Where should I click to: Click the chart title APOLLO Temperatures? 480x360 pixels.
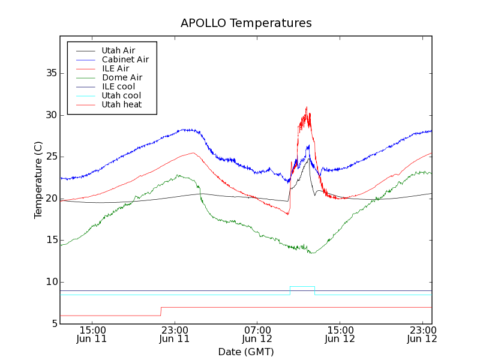coord(246,23)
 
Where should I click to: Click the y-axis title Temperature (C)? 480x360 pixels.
coord(38,179)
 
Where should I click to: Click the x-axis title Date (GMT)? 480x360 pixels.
coord(246,352)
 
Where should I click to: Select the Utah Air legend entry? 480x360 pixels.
coord(118,51)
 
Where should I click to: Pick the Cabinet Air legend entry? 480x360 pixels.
coord(125,60)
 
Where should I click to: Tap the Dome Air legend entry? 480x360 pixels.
coord(122,78)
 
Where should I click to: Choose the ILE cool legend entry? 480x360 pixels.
coord(118,87)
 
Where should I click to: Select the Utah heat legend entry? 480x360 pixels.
coord(121,105)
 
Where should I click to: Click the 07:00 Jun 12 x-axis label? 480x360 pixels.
coord(258,334)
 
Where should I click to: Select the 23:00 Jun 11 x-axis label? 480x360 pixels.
coord(175,334)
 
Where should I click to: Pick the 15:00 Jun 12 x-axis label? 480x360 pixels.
coord(340,334)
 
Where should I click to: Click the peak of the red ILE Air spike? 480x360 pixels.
coord(307,108)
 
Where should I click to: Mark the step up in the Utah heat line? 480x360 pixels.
coord(161,311)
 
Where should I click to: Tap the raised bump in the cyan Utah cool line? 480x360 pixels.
coord(302,287)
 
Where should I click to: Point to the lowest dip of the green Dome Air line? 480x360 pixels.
coord(311,253)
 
